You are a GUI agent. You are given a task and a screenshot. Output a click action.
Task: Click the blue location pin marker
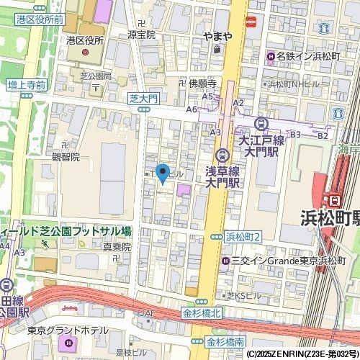pyautogui.click(x=163, y=174)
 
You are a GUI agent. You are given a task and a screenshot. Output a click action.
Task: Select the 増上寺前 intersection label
pyautogui.click(x=27, y=86)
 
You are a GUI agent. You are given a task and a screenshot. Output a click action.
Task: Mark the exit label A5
pyautogui.click(x=207, y=96)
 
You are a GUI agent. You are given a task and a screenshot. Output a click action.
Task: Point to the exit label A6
pyautogui.click(x=192, y=109)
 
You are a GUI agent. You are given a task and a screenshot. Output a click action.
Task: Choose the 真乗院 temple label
pyautogui.click(x=116, y=246)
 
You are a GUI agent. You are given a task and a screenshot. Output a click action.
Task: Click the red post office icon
pyautogui.click(x=251, y=22)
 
